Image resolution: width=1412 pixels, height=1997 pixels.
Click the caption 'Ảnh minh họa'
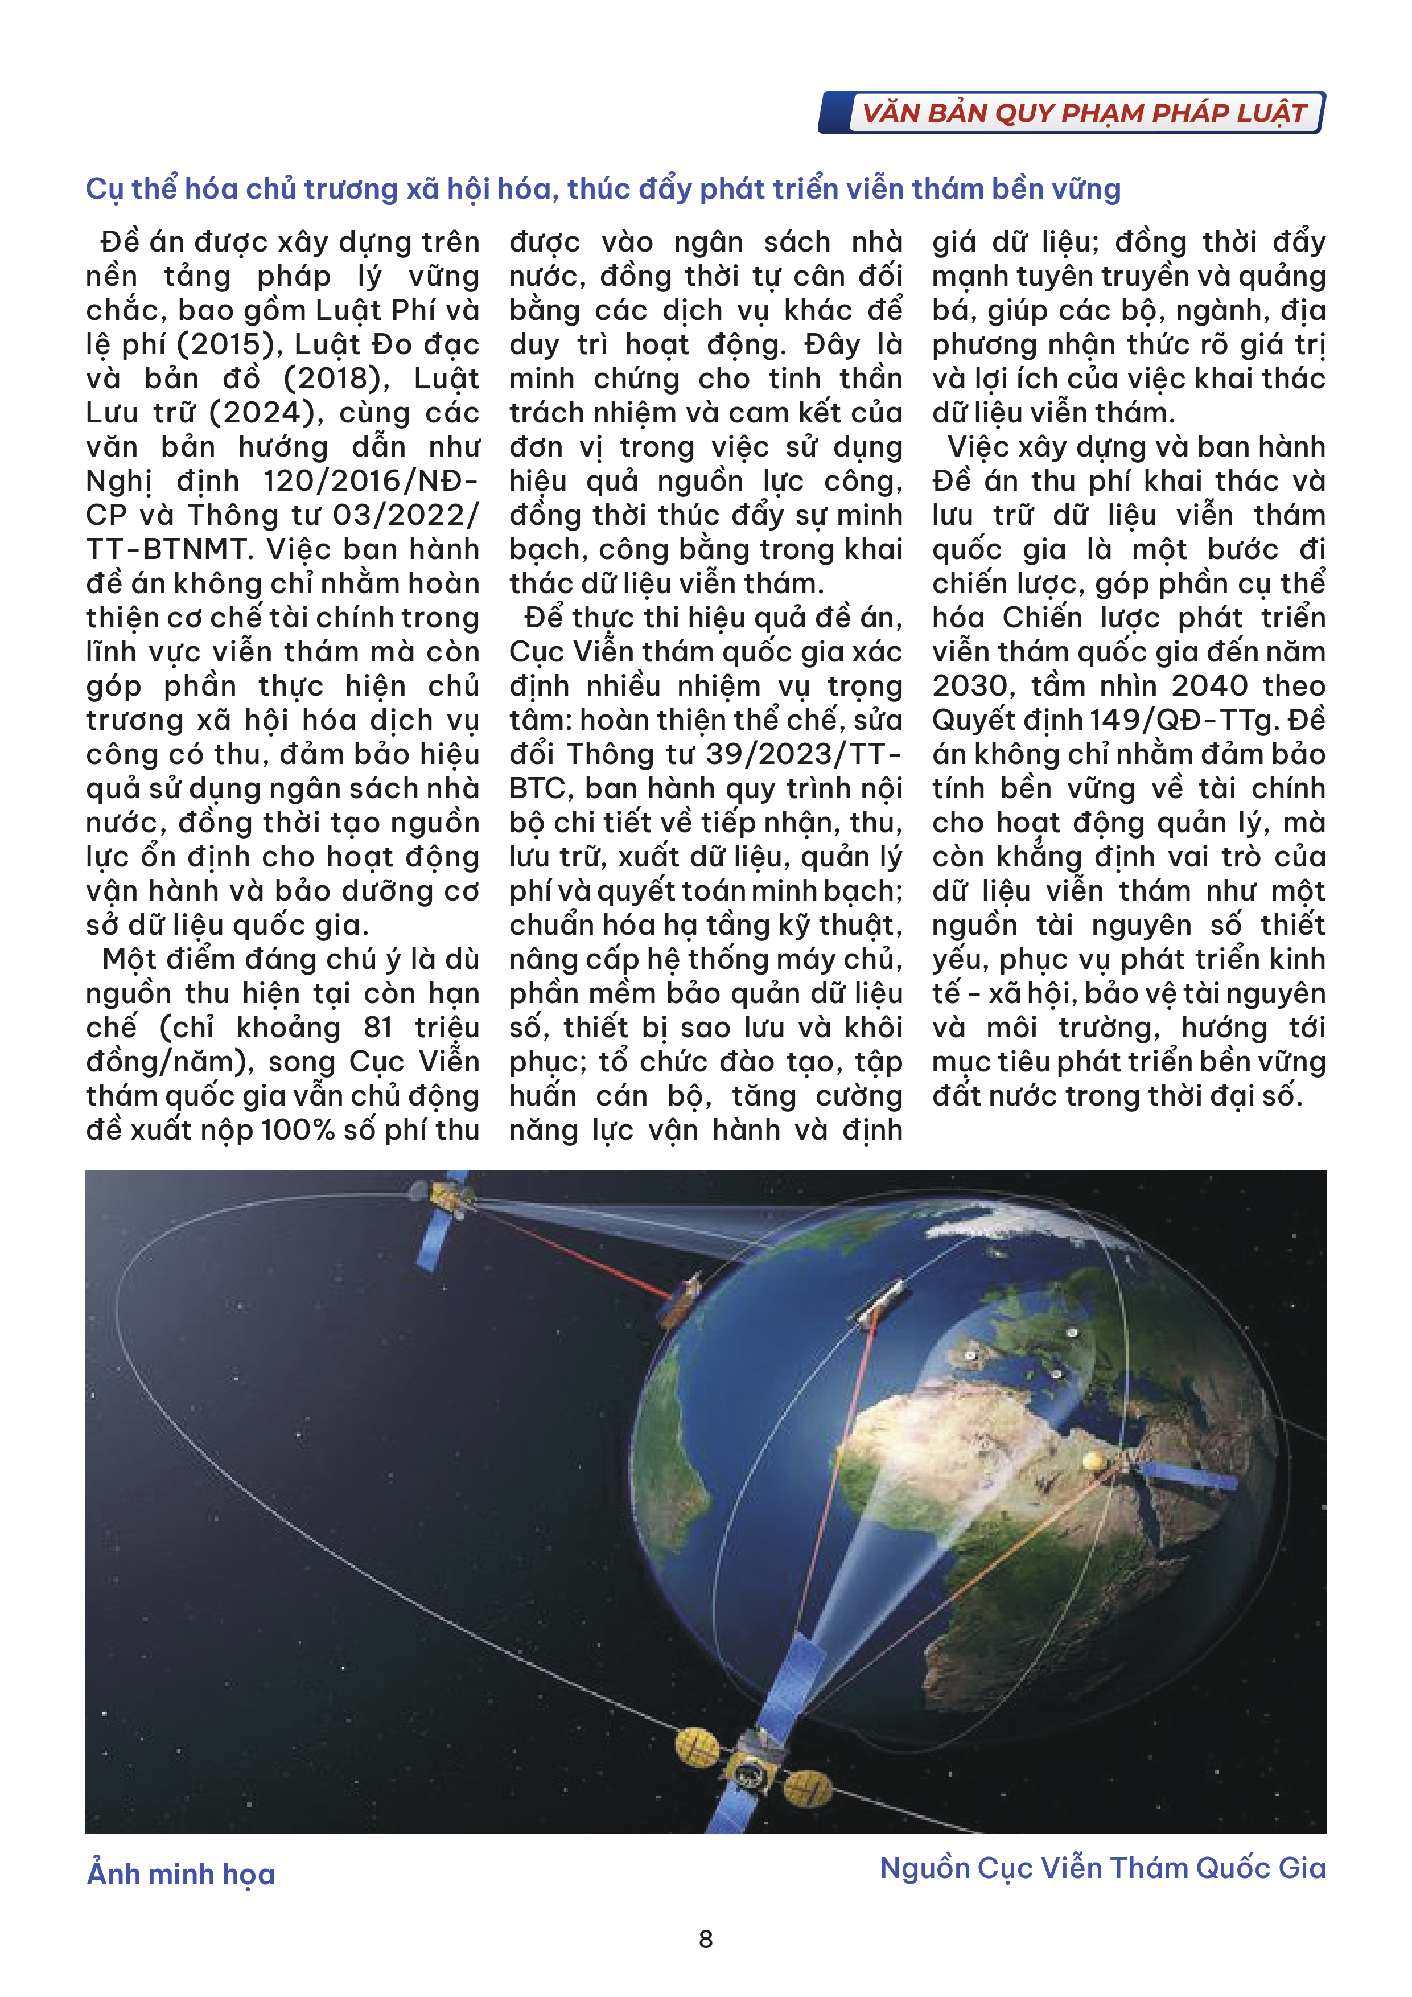tap(181, 1875)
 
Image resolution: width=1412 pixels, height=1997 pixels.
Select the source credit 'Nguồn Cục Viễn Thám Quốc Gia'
tap(1102, 1868)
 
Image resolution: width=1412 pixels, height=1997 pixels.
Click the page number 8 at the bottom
tap(705, 1940)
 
